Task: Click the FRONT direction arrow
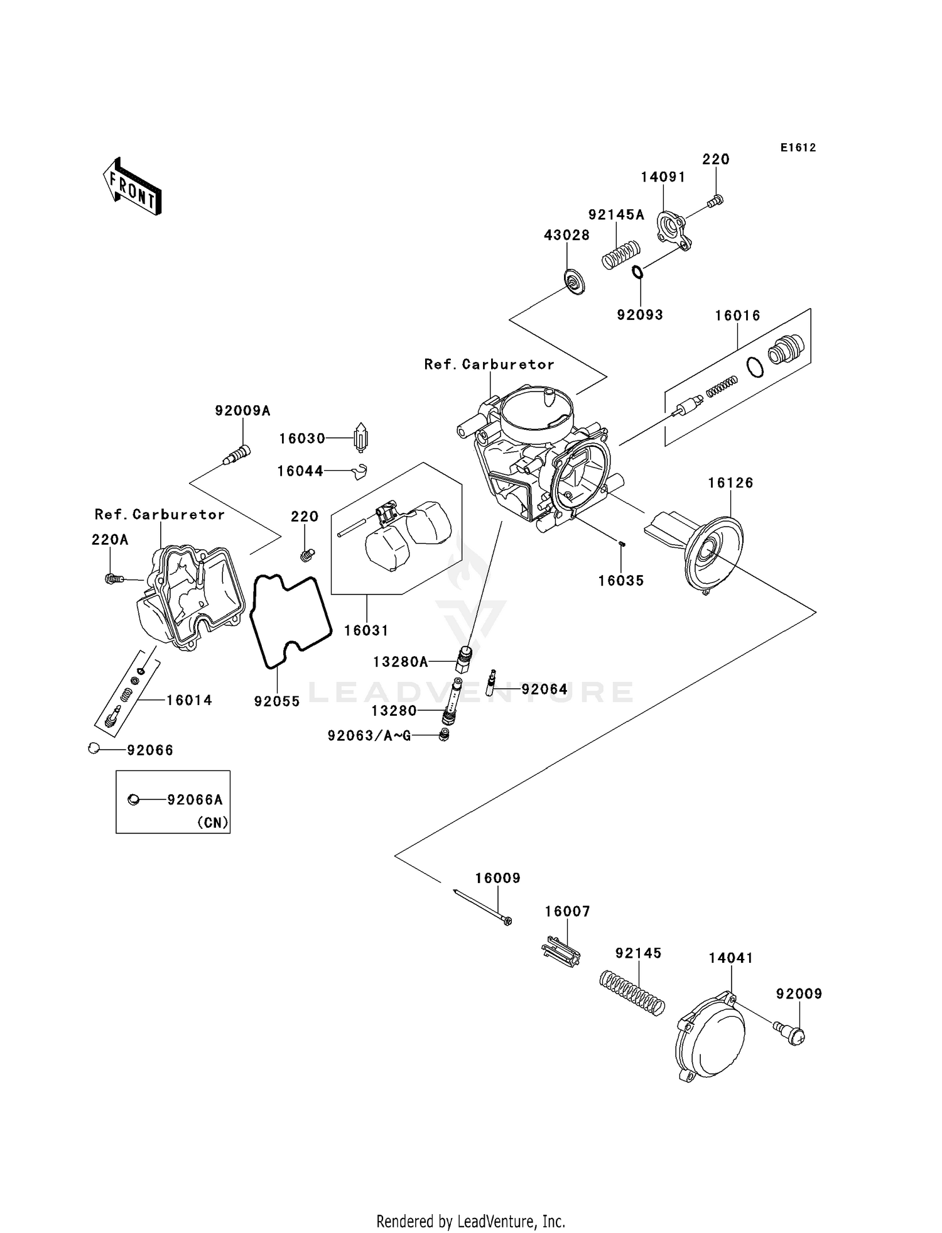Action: (133, 187)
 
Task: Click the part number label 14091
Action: (663, 177)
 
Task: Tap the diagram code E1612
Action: (798, 148)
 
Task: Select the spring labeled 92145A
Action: (620, 255)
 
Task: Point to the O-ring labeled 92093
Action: (637, 272)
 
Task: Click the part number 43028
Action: (566, 235)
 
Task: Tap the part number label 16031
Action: (366, 630)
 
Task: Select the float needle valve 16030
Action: (362, 437)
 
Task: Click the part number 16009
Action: (497, 878)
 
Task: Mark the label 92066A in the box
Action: (195, 800)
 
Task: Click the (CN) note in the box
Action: (213, 823)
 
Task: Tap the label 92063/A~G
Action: (369, 735)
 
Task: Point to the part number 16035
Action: (620, 581)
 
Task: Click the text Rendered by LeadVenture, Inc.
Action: (470, 1221)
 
